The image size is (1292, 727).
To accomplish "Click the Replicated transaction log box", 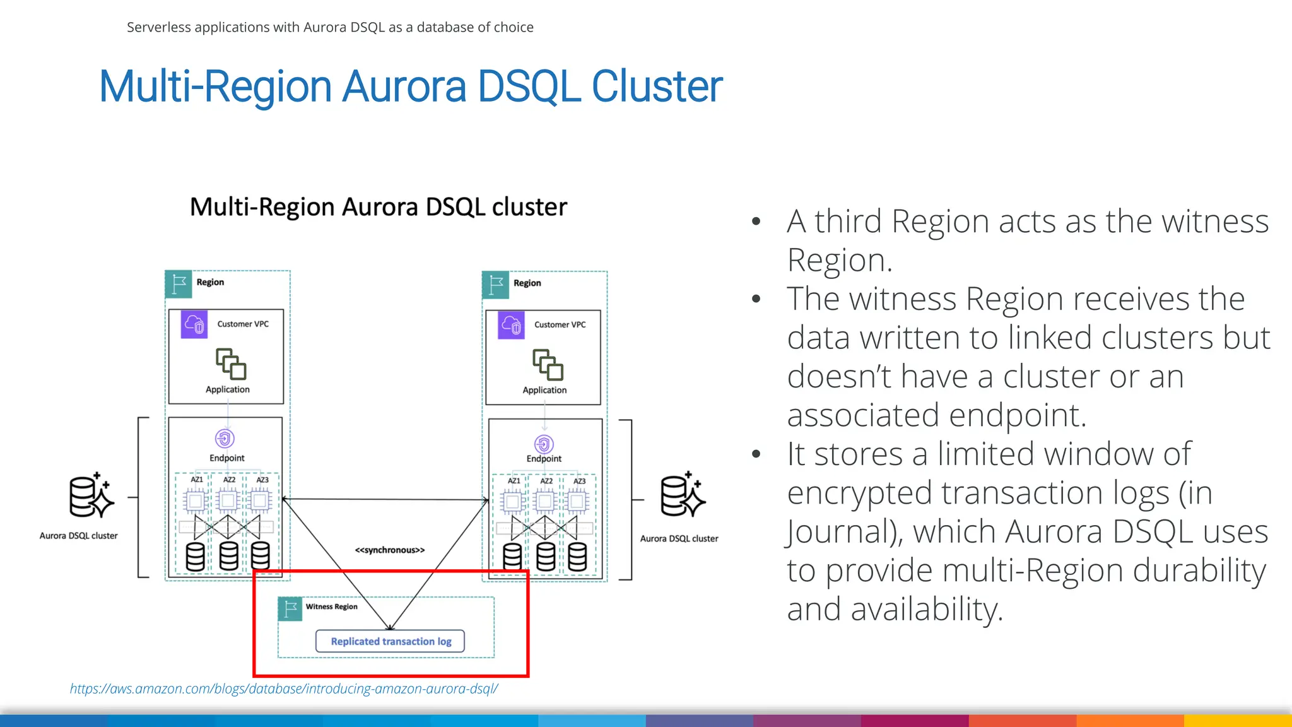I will (390, 641).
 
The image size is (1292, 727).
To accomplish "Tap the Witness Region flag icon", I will (290, 609).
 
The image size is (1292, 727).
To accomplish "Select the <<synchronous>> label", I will (390, 550).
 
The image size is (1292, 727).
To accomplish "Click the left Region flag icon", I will (179, 284).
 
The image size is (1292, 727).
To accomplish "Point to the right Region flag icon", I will (496, 285).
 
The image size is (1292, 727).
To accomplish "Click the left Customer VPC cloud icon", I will (194, 324).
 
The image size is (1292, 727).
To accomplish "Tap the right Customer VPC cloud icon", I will (511, 325).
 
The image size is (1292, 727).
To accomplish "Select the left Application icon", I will (230, 363).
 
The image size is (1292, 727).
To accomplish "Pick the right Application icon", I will (547, 364).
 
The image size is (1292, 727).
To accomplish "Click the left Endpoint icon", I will (225, 438).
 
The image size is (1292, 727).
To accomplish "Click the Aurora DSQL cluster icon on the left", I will (91, 496).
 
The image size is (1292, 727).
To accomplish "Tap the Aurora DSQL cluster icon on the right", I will (682, 496).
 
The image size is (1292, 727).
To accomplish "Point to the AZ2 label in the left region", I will (229, 480).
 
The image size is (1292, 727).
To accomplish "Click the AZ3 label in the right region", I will (579, 482).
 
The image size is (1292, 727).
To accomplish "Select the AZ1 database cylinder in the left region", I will (196, 557).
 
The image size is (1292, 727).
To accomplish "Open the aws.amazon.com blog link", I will (284, 689).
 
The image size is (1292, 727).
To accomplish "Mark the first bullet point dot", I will (756, 222).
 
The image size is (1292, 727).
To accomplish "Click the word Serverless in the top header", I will (158, 27).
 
